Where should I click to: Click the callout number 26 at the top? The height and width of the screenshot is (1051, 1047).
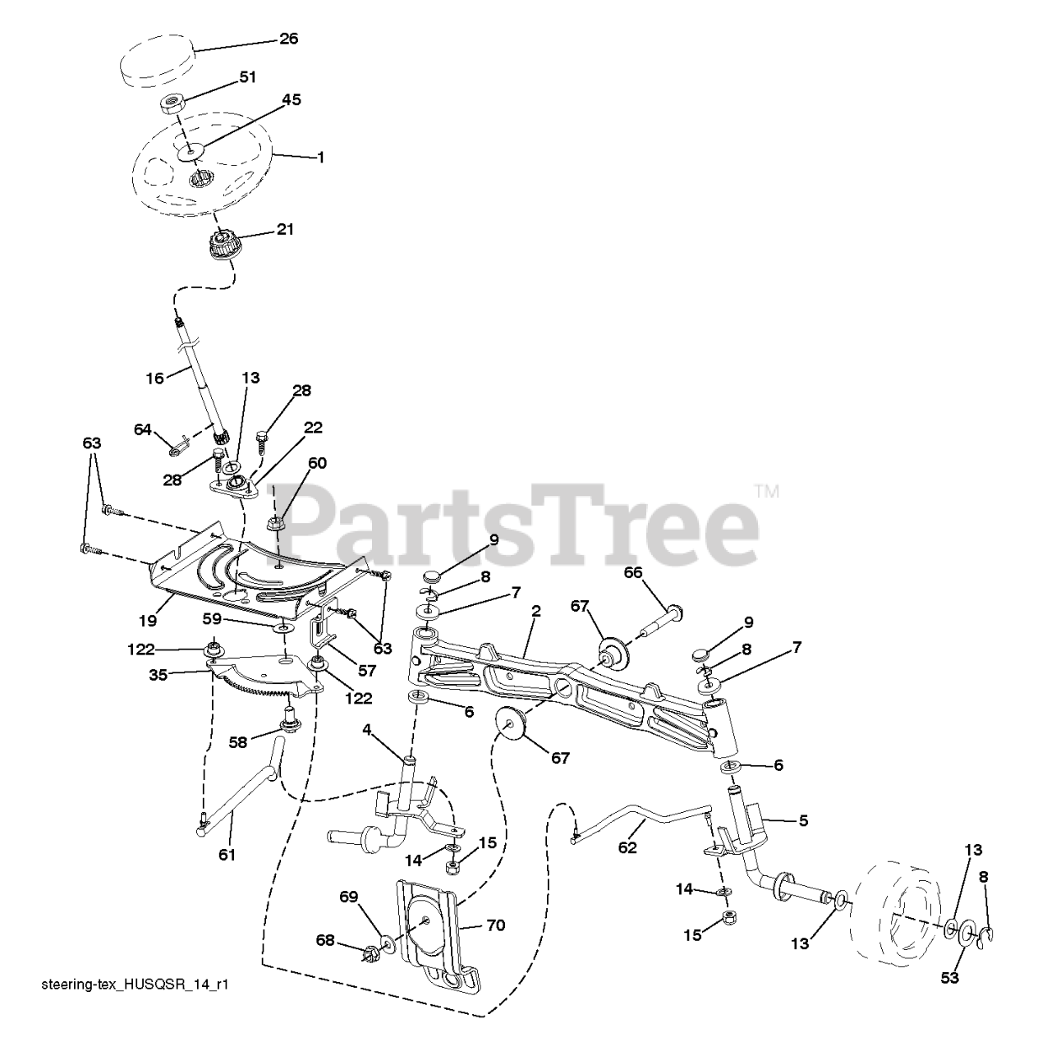click(x=288, y=39)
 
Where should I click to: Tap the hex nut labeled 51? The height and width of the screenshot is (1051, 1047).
click(x=171, y=104)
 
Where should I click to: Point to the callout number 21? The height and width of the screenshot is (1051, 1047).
click(x=285, y=229)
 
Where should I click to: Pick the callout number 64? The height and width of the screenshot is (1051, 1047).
click(x=143, y=429)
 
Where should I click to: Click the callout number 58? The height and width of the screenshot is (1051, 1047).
click(x=238, y=742)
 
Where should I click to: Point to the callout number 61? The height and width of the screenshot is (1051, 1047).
click(x=227, y=855)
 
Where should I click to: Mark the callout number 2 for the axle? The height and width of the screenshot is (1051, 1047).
click(x=535, y=612)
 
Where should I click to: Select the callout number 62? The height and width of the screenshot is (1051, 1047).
click(x=627, y=847)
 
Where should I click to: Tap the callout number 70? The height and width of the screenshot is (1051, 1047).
click(x=495, y=925)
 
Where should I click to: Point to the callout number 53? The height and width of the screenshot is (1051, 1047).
click(x=951, y=978)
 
